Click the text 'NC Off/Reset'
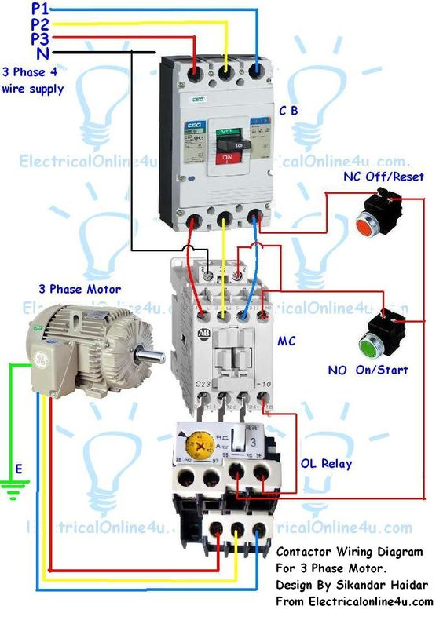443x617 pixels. click(383, 177)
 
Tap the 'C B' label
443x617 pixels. click(288, 111)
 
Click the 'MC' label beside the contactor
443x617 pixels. click(286, 342)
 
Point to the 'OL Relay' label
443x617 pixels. click(326, 463)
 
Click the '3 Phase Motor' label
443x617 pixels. click(69, 289)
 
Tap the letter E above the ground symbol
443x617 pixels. click(20, 469)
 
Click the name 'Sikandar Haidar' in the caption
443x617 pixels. click(383, 585)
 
